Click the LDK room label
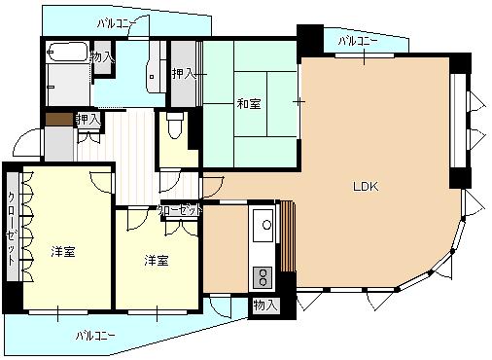[366, 187]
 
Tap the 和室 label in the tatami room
[249, 104]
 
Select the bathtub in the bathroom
[67, 52]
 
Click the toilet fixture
[175, 125]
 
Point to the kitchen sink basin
[263, 226]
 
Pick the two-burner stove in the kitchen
[263, 277]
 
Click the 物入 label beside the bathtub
[102, 57]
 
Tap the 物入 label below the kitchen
[265, 306]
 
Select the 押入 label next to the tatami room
[184, 74]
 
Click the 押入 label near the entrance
[88, 120]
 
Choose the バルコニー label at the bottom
[95, 336]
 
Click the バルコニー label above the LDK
[358, 41]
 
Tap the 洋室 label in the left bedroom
[63, 252]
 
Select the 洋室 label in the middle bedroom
[157, 260]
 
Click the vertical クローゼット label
[12, 229]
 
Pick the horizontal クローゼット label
[180, 211]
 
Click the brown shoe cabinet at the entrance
[59, 119]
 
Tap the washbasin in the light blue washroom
[153, 76]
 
